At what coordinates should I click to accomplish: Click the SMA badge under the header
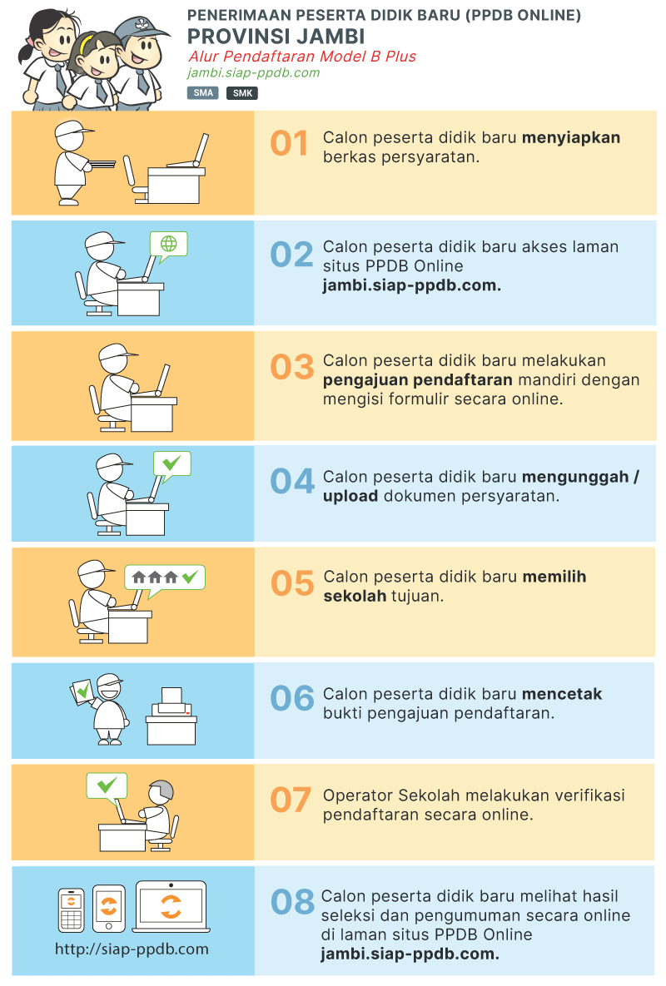click(x=202, y=93)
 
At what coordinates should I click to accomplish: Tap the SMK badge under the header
click(x=242, y=93)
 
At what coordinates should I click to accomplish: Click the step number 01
click(x=290, y=144)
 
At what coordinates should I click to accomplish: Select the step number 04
click(x=292, y=482)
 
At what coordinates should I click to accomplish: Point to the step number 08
click(x=292, y=902)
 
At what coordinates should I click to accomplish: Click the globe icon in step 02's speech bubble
click(x=169, y=244)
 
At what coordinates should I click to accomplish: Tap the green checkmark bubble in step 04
click(x=171, y=463)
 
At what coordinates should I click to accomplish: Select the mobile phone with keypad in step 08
click(x=71, y=909)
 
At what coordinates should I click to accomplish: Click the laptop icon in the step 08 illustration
click(x=171, y=906)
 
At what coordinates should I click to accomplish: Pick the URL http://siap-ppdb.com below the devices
click(x=132, y=949)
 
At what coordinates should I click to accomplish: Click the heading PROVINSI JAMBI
click(x=276, y=37)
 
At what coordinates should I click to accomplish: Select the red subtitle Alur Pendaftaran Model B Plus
click(x=301, y=57)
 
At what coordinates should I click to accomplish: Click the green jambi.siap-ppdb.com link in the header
click(x=253, y=72)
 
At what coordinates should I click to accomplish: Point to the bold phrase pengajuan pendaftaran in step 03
click(x=417, y=379)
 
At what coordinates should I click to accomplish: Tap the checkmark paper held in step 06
click(x=82, y=690)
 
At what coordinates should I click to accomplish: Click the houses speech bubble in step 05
click(x=165, y=577)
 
